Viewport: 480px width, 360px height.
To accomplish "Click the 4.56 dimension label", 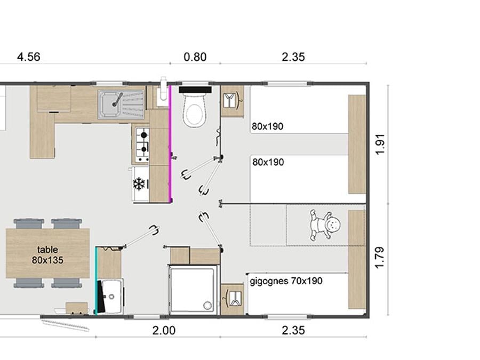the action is click(x=28, y=57).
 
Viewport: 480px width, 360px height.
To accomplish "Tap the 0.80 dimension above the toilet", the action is click(x=195, y=57).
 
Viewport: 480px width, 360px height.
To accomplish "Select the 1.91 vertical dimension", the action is click(x=380, y=145).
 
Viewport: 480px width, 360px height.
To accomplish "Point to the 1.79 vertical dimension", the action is click(x=380, y=258).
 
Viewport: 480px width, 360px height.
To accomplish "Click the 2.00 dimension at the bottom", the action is click(x=164, y=331).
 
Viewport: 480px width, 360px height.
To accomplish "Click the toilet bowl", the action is click(x=194, y=110).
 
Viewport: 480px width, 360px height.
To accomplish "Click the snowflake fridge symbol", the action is click(x=139, y=183).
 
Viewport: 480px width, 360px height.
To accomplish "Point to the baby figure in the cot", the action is click(x=325, y=225).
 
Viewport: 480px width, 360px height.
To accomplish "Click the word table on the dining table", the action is click(x=47, y=250).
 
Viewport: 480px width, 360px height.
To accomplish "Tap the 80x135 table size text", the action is click(x=47, y=260).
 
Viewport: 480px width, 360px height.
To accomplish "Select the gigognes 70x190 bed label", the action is click(x=286, y=281).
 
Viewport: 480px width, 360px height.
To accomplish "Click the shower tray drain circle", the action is click(x=207, y=305).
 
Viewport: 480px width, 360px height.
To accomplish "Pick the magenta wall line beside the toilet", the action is click(x=170, y=144).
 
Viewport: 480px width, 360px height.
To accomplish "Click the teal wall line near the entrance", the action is click(x=96, y=281).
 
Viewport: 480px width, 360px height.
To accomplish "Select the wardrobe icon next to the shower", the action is click(x=233, y=299).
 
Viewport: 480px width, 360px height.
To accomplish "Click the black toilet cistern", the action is click(x=195, y=90).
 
